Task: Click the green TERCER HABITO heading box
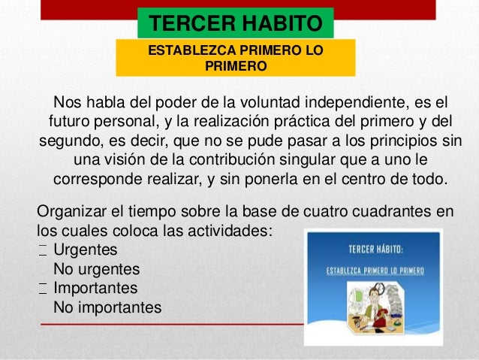click(236, 23)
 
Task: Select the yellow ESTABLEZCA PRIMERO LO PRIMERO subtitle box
click(236, 59)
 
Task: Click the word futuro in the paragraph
click(74, 123)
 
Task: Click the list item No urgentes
click(97, 268)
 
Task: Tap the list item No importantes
click(107, 307)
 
